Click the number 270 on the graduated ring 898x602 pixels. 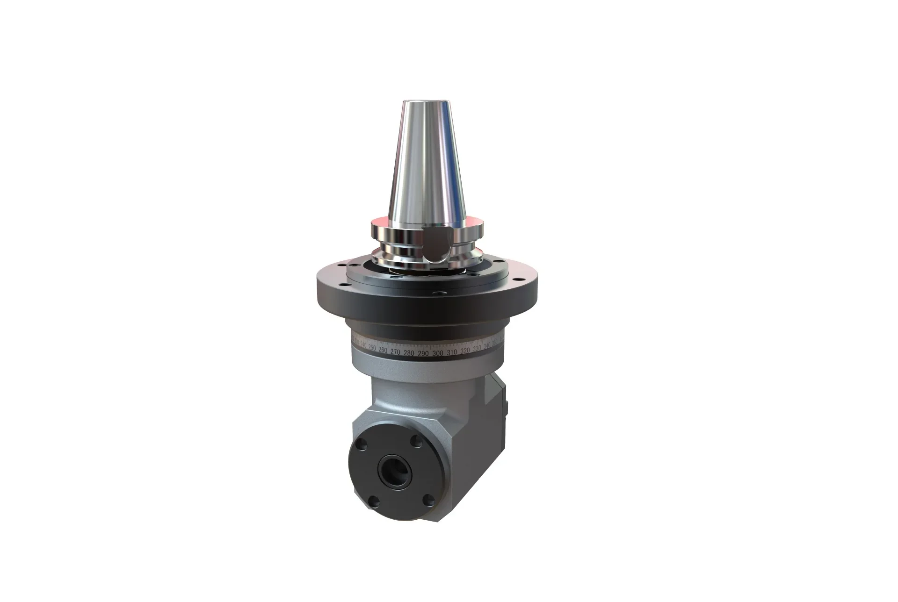pyautogui.click(x=395, y=352)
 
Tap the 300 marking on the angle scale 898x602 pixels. pyautogui.click(x=438, y=353)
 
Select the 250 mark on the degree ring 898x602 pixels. pyautogui.click(x=372, y=349)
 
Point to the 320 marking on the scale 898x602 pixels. pyautogui.click(x=465, y=351)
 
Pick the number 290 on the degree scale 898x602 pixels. pyautogui.click(x=423, y=353)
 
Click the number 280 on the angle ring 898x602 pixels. pyautogui.click(x=409, y=353)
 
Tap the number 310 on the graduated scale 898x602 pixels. pyautogui.click(x=452, y=352)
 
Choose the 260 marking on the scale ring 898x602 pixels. pyautogui.click(x=383, y=351)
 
